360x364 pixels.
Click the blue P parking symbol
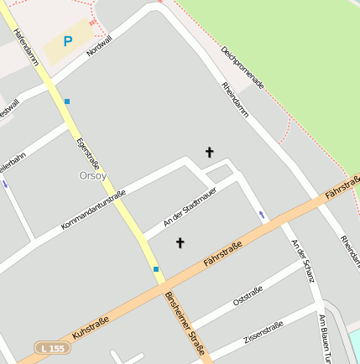point(67,41)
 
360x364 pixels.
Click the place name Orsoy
point(92,175)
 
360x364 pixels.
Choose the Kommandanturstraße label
point(93,211)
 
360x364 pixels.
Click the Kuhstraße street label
point(91,322)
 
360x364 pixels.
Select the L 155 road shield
point(52,347)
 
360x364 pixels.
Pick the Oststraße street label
point(248,295)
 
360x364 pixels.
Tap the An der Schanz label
point(301,260)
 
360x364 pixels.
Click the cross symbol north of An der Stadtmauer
point(209,152)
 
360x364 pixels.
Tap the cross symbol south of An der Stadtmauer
point(179,243)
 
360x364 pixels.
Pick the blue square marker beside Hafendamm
point(67,101)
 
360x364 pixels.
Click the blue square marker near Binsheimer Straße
point(156,269)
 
